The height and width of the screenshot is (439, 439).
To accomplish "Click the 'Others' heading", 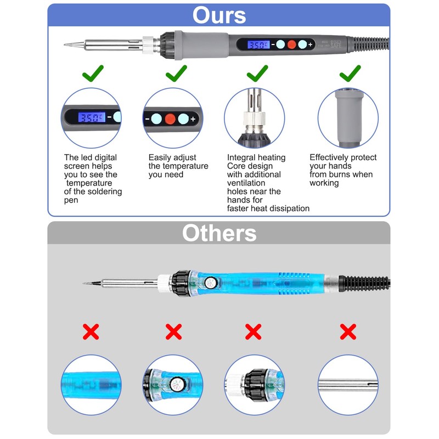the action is coord(219,233).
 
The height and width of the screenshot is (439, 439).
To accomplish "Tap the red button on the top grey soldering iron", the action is coord(291,44).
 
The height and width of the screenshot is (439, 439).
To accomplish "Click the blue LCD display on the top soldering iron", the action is coord(257,44).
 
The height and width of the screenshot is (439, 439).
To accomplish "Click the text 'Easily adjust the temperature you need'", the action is coord(178,166).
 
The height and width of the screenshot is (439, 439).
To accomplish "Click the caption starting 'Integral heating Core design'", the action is coord(268,183).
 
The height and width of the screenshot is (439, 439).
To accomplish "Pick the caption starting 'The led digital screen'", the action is coord(93,179).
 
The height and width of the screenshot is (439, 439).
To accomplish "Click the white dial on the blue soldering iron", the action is coord(209,283).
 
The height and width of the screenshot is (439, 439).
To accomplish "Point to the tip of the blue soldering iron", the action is coord(84,284).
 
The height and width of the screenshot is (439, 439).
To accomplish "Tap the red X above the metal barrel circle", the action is coord(348,331).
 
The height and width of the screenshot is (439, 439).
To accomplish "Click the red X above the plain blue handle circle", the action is coord(91,331).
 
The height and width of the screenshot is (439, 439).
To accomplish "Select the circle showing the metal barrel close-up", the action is coord(348,384).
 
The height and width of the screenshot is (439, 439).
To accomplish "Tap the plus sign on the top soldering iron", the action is coord(311,44).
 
